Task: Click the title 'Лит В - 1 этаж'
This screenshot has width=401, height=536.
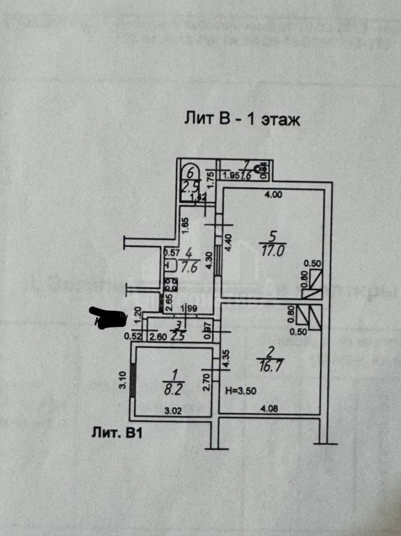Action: click(x=242, y=119)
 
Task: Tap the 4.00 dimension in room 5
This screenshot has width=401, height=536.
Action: click(x=273, y=195)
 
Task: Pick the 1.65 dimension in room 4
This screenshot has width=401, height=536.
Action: click(x=184, y=224)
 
